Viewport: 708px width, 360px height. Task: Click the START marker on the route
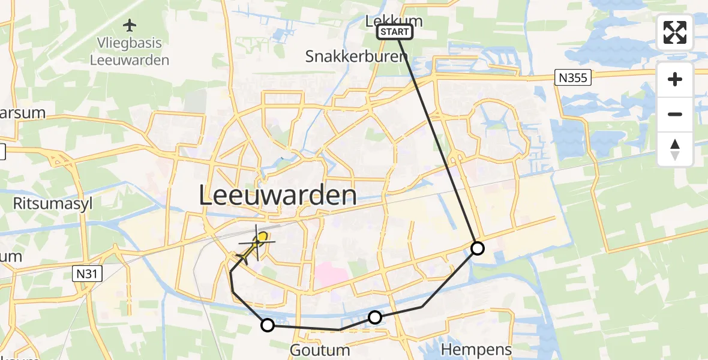tap(395, 32)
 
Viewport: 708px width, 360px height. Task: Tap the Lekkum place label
tap(394, 21)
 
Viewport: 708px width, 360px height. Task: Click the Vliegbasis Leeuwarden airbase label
tap(129, 52)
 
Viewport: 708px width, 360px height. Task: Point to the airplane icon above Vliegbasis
tap(129, 26)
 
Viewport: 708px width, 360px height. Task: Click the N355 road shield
tap(573, 77)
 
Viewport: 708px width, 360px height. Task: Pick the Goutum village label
tap(320, 350)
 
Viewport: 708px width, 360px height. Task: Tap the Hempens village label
tap(476, 350)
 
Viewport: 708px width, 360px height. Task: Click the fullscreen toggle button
tap(675, 32)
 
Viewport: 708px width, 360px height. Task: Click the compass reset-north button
tap(675, 149)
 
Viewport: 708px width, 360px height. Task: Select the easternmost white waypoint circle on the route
tap(477, 248)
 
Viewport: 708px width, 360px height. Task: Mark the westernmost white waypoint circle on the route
tap(267, 325)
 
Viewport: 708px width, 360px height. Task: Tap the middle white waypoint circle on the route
tap(374, 317)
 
